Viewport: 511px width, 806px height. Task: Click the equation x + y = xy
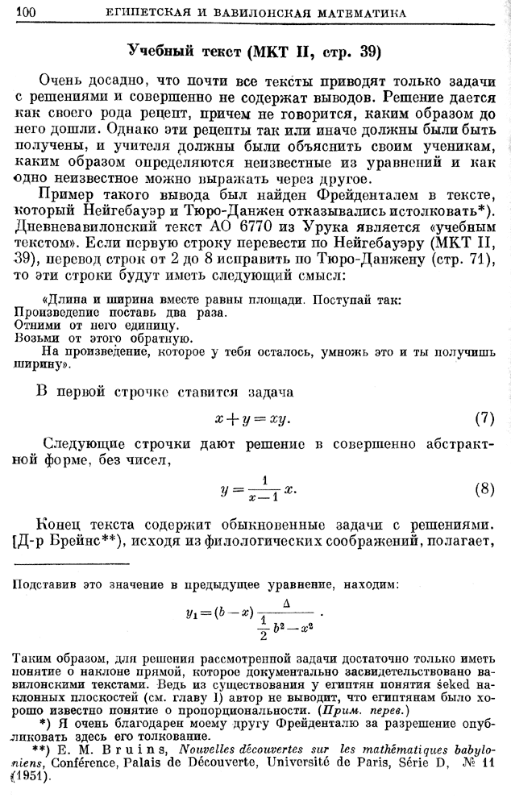pyautogui.click(x=251, y=420)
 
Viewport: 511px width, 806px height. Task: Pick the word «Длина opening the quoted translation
pyautogui.click(x=69, y=300)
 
